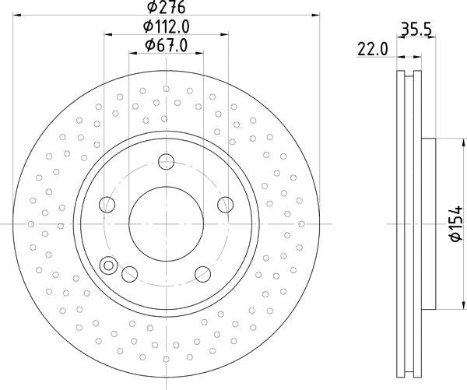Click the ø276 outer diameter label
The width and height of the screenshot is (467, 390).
(x=167, y=7)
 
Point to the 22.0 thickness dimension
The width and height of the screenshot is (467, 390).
(x=372, y=49)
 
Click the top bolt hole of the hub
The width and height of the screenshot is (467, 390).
(x=167, y=162)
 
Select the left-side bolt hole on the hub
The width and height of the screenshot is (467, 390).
(x=107, y=205)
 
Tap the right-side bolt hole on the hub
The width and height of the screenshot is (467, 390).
(x=226, y=205)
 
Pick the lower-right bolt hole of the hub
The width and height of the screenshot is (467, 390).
(x=203, y=273)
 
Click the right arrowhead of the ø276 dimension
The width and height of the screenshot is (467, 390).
(x=316, y=15)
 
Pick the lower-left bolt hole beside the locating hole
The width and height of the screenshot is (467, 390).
(x=130, y=273)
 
